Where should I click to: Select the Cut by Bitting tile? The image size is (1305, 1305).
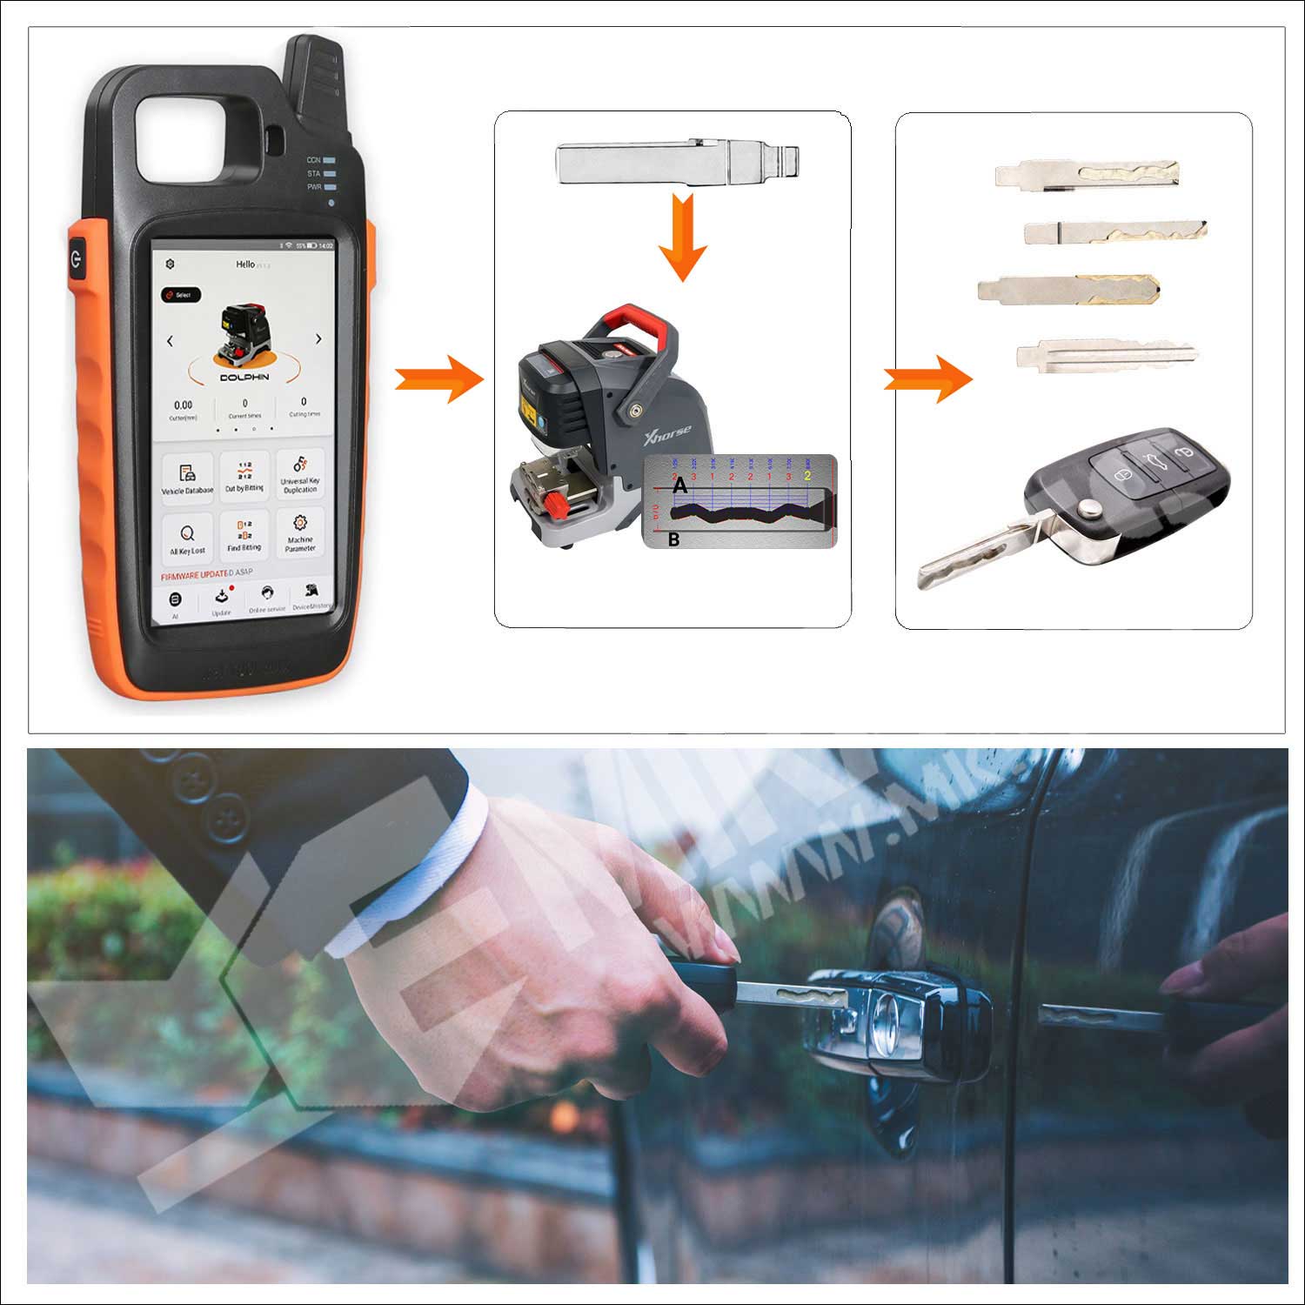point(244,478)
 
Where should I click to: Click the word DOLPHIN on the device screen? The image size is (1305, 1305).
point(244,377)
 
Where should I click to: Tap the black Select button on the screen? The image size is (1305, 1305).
point(181,295)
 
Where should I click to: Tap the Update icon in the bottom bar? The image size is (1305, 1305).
point(222,599)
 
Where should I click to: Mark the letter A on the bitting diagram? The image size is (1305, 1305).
point(680,486)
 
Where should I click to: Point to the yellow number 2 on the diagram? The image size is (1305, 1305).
point(807,476)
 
